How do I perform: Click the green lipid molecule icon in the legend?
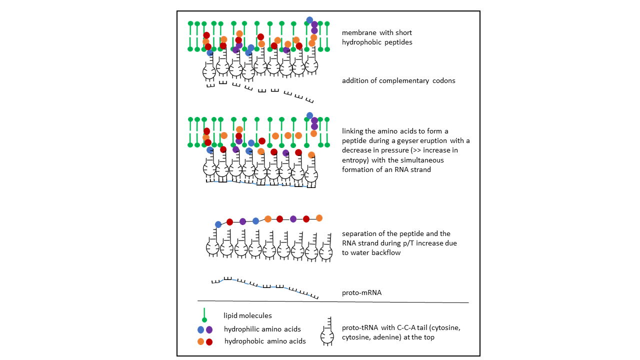coord(204,315)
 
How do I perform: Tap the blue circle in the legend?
coord(201,329)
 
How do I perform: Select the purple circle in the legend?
coord(209,329)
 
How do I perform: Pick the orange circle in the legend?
coord(200,341)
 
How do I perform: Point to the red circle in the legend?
coord(209,341)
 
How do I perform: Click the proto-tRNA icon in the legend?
coord(327,331)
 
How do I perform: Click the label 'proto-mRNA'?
coord(361,292)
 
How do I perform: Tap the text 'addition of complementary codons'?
coord(398,80)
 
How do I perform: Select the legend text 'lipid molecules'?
coord(247,315)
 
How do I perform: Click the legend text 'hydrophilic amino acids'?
coord(262,329)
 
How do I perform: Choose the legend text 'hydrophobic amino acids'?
coord(265,341)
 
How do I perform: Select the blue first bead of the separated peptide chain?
coord(218,224)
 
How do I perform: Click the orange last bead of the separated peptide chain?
coord(319,218)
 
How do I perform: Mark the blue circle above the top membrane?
coord(309,20)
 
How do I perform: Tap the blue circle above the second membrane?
coord(309,115)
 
